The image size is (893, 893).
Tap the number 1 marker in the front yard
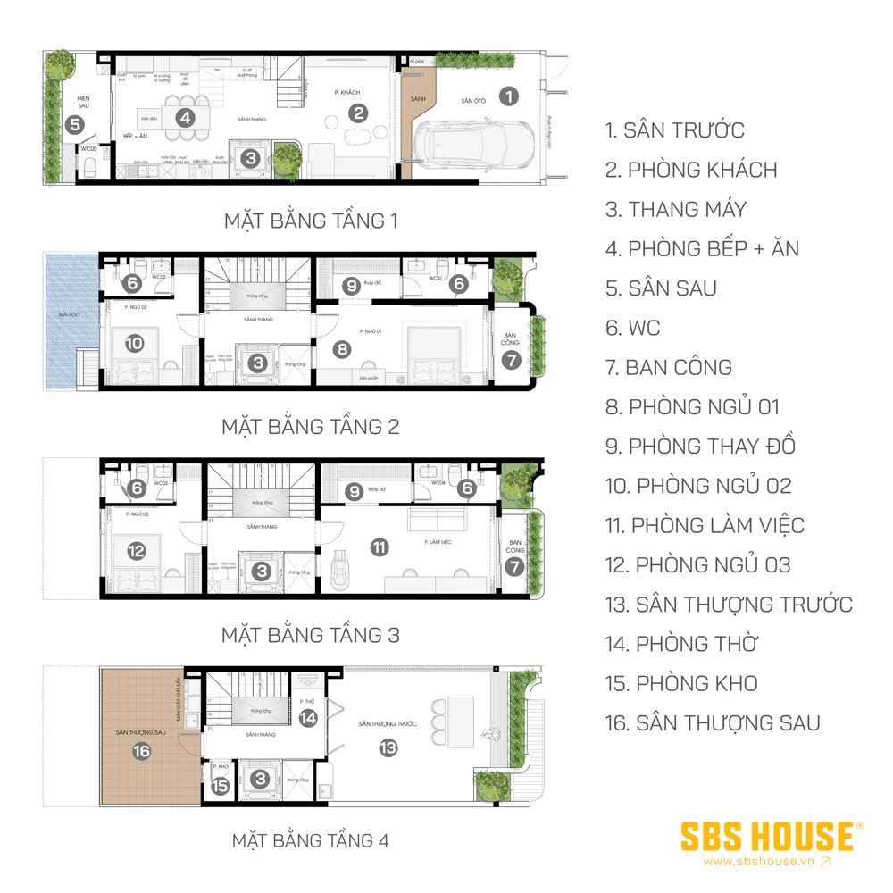point(508,96)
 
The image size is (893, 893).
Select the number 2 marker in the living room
point(358,113)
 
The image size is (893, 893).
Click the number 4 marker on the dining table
point(183,117)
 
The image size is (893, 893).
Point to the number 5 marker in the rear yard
point(74,126)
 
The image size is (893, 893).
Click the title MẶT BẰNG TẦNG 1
point(311,221)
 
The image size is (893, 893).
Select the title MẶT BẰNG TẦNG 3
point(311,635)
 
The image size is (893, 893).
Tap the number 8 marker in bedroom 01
point(341,349)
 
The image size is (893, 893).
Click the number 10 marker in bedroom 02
point(135,343)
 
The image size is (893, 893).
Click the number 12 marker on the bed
point(135,552)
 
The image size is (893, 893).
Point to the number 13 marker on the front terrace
point(388,748)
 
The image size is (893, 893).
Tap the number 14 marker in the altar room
point(308,717)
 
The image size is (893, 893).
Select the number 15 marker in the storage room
point(220,786)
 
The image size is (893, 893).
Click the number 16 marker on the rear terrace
point(141,751)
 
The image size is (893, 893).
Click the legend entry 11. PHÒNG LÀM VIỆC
point(705,525)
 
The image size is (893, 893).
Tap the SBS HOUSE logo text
point(765,837)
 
